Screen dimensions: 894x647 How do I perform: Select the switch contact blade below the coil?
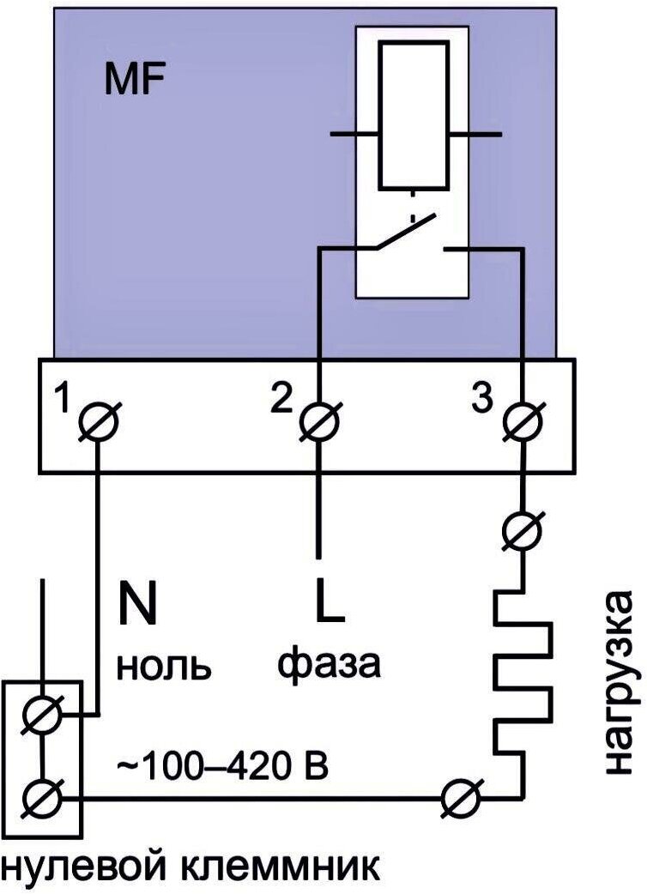click(x=404, y=234)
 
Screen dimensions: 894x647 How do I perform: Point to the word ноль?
click(x=163, y=665)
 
